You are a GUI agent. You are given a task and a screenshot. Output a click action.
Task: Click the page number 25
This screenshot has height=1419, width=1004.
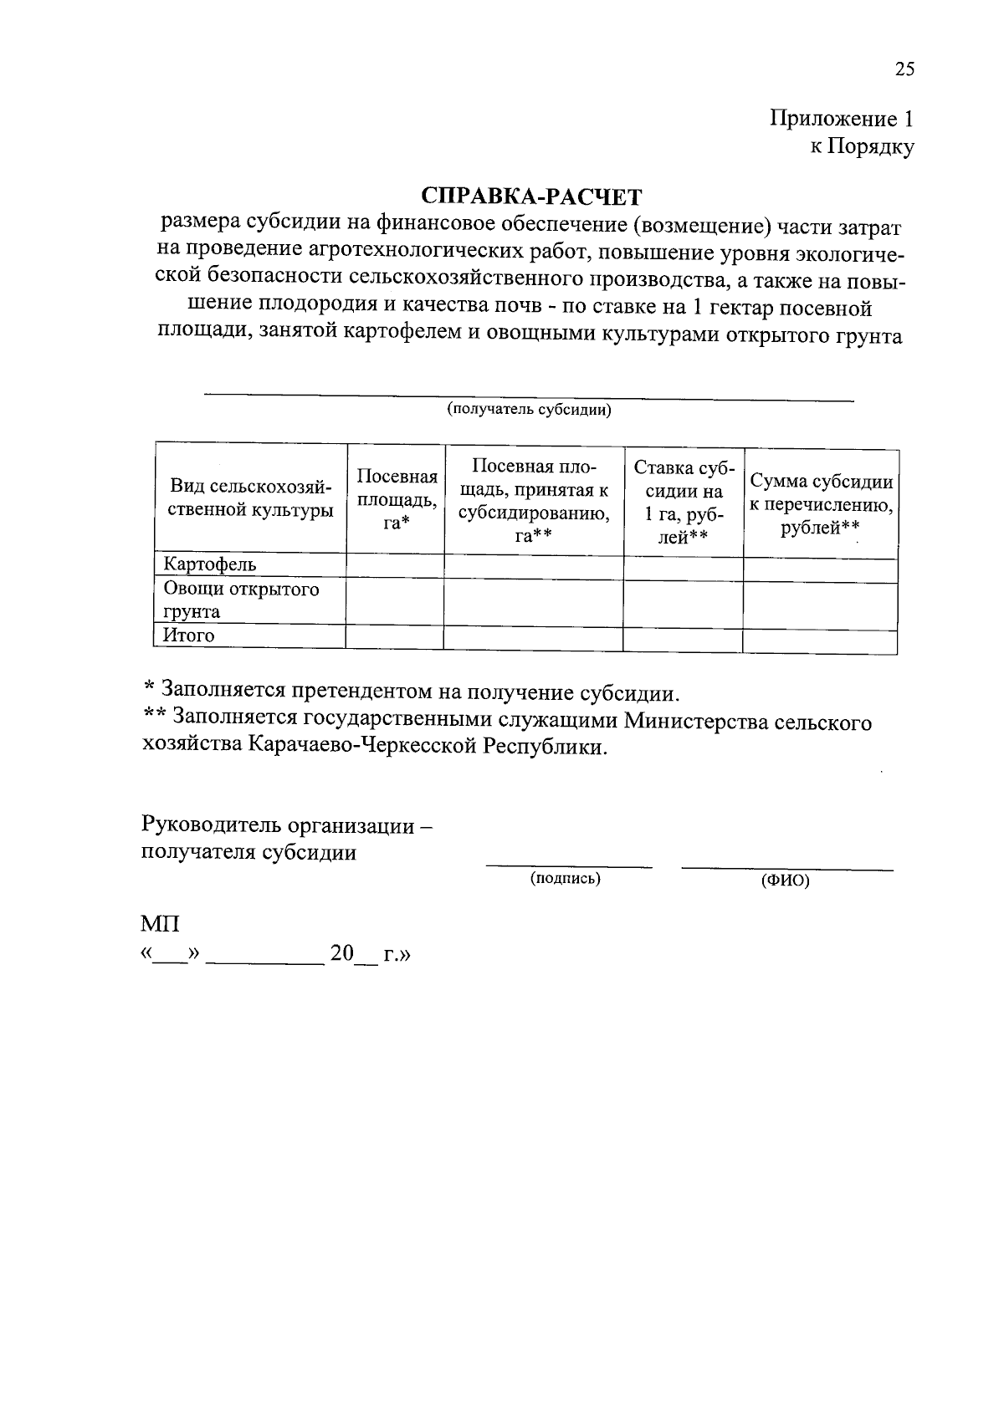coord(904,70)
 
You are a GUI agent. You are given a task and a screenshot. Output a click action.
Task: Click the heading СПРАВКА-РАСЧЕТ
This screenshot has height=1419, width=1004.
coord(531,197)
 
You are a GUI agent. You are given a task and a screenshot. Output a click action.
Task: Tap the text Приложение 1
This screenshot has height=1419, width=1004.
coord(841,119)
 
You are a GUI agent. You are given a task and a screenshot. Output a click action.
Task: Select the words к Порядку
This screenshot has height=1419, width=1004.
coord(861,147)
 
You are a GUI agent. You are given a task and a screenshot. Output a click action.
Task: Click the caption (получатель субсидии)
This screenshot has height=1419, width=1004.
coord(529,410)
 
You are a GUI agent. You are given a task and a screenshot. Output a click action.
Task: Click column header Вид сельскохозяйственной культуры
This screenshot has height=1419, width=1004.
coord(251,498)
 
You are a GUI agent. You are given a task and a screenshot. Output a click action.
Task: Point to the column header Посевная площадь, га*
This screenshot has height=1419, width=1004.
coord(397,498)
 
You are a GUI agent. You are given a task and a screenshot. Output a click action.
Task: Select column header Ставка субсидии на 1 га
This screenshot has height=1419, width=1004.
coord(684,502)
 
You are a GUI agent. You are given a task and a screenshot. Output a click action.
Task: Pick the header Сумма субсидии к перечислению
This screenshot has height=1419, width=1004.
coord(821,504)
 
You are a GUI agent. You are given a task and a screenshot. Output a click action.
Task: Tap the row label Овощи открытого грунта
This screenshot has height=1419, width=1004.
coord(241,600)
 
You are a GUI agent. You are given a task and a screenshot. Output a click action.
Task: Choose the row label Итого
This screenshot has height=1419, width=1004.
coord(189,635)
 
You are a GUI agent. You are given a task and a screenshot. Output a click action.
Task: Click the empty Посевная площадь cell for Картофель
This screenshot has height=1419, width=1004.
coord(395,565)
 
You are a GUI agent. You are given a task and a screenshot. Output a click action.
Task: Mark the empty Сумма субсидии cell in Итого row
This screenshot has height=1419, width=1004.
coord(820,641)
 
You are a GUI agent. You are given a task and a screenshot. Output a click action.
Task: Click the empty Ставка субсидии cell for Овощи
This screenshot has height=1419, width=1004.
coord(683,603)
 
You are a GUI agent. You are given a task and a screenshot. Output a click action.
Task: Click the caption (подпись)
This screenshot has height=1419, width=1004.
coord(566,878)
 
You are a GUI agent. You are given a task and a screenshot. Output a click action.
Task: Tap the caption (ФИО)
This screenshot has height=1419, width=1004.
coord(785,880)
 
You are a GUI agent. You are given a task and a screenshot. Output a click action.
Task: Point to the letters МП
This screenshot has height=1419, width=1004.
coord(160,925)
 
